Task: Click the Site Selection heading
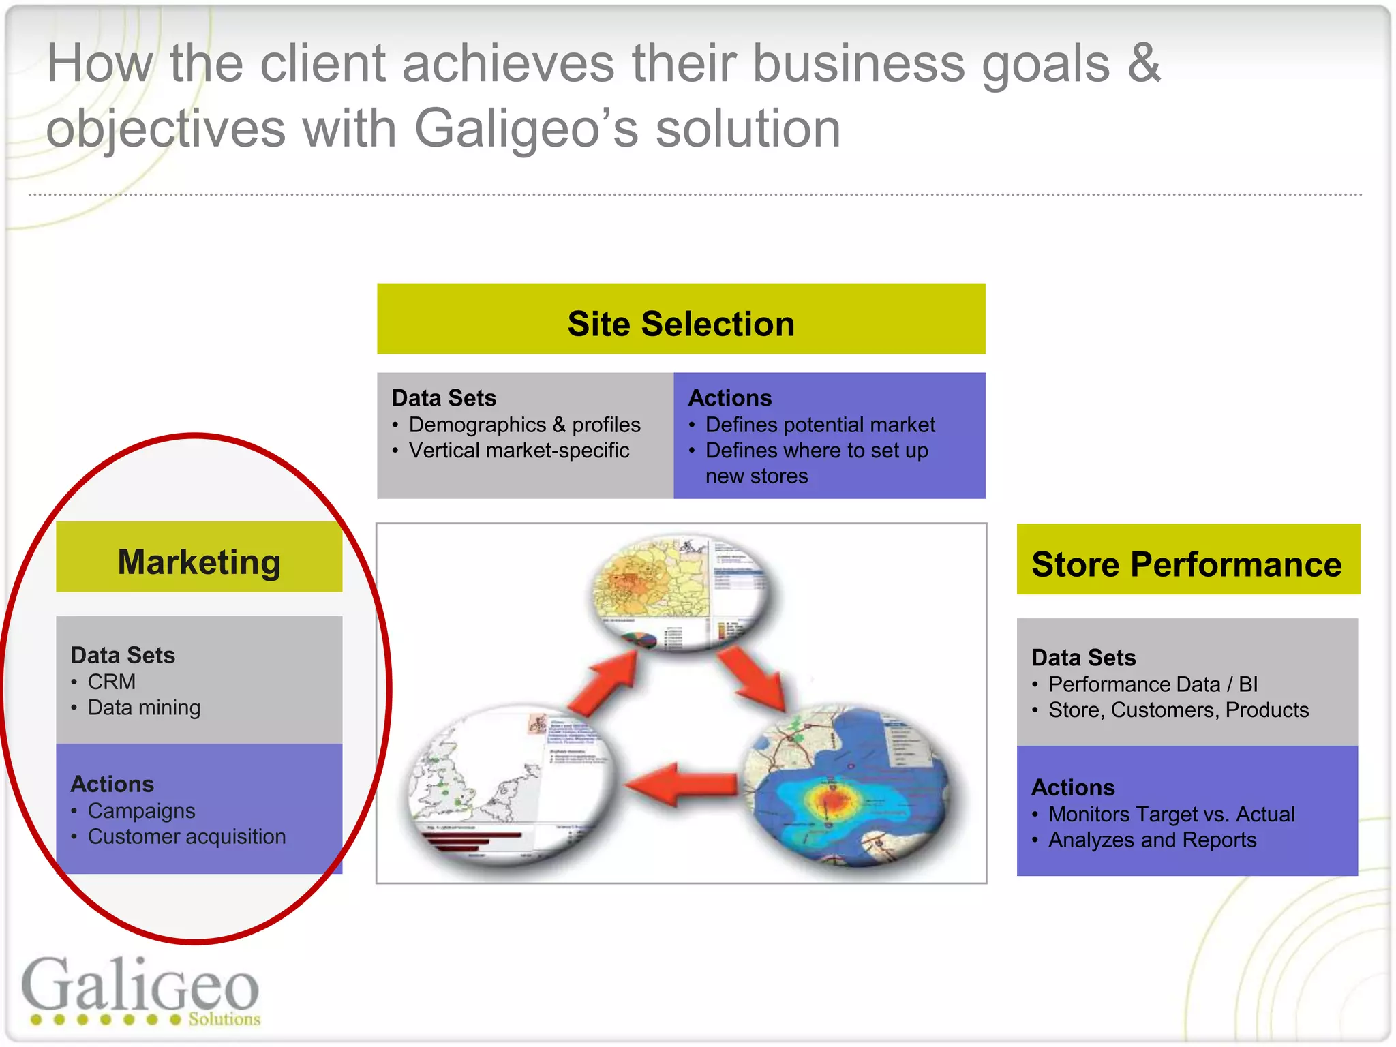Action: [x=681, y=324]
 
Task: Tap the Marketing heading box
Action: [x=199, y=562]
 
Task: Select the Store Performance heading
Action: [x=1187, y=564]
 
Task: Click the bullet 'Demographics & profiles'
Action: [x=524, y=425]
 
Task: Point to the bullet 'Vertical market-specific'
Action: [x=519, y=451]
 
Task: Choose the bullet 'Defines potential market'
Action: [x=820, y=425]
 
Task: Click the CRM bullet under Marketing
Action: [x=112, y=682]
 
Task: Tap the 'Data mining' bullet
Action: [x=144, y=708]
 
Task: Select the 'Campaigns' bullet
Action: [x=141, y=810]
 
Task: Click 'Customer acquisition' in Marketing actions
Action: [x=187, y=836]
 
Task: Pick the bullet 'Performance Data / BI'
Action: [x=1153, y=684]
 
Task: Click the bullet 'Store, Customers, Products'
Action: [x=1179, y=710]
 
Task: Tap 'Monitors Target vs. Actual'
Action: [x=1171, y=814]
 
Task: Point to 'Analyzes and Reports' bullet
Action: [x=1152, y=840]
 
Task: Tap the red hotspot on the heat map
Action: [x=831, y=799]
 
